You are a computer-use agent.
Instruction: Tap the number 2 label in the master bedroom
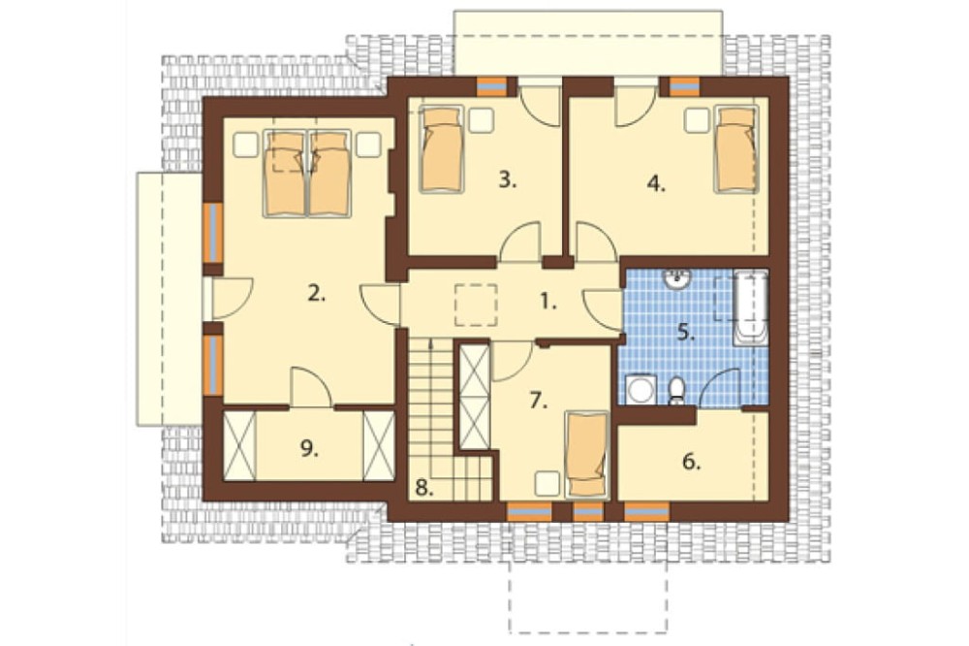316,295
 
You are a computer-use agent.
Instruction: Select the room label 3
508,180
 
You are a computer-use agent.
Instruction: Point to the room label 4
656,183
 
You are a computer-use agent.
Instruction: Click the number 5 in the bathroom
686,333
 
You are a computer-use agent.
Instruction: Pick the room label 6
692,462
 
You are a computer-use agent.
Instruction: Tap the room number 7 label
538,401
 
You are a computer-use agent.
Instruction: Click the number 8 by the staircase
423,488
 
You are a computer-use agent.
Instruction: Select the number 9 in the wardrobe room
310,449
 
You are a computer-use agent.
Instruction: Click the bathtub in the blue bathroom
751,307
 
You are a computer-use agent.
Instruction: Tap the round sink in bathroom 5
678,279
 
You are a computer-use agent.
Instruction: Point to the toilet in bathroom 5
676,391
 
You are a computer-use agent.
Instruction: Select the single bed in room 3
441,149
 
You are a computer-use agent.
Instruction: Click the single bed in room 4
736,149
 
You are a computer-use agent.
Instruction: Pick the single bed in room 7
586,454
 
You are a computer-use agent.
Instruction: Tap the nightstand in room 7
547,483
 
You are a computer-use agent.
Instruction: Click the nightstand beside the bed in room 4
697,120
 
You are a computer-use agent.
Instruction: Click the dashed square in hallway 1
476,305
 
